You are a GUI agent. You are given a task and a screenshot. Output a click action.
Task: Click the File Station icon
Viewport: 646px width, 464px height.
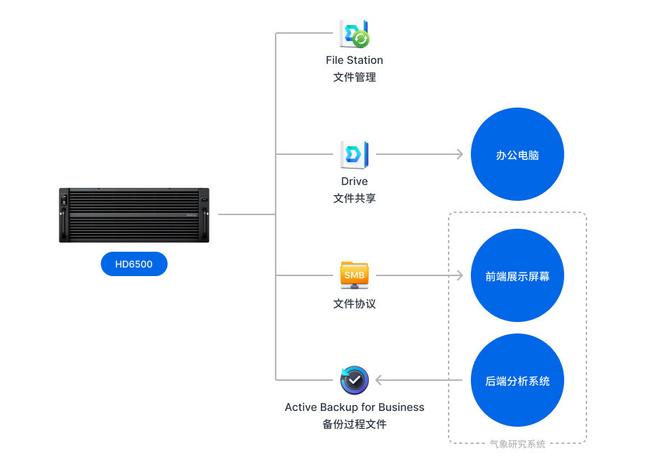point(355,34)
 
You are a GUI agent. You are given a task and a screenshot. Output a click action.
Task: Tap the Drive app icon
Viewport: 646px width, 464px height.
point(355,154)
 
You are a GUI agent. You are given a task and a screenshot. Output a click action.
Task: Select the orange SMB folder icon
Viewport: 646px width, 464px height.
point(355,275)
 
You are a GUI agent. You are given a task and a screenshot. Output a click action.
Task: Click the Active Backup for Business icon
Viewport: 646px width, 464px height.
point(355,380)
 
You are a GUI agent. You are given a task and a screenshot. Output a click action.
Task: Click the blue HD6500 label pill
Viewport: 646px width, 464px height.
point(134,264)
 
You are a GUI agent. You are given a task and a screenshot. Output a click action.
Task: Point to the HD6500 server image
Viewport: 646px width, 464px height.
point(134,214)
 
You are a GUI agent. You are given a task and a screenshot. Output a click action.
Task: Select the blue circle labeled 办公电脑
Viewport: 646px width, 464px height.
point(518,155)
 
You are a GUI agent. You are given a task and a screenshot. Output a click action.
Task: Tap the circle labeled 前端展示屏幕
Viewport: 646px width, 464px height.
point(518,275)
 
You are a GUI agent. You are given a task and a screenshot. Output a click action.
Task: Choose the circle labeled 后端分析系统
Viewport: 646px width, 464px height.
point(518,381)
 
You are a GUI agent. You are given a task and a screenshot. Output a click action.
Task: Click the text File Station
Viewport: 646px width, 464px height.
point(355,60)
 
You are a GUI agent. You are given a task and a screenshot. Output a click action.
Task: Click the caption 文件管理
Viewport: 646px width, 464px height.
point(355,77)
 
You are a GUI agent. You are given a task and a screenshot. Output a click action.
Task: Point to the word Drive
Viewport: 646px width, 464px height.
point(355,181)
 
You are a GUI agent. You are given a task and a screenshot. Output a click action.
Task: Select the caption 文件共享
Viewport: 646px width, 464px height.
point(355,198)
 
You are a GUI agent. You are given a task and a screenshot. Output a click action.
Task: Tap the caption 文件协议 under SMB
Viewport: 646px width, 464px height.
point(355,303)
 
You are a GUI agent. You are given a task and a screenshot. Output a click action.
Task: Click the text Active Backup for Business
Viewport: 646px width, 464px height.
point(355,407)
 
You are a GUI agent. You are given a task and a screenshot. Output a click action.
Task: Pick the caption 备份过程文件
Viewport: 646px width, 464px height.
point(355,424)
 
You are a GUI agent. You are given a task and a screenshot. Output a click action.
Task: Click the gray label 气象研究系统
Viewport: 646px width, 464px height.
point(518,444)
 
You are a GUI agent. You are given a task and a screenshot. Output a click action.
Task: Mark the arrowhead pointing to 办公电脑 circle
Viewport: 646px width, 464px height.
point(460,154)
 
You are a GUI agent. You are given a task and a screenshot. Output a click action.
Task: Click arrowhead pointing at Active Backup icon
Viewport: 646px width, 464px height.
point(380,380)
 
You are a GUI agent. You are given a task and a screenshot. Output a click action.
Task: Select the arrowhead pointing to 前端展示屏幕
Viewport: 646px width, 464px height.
point(460,275)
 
